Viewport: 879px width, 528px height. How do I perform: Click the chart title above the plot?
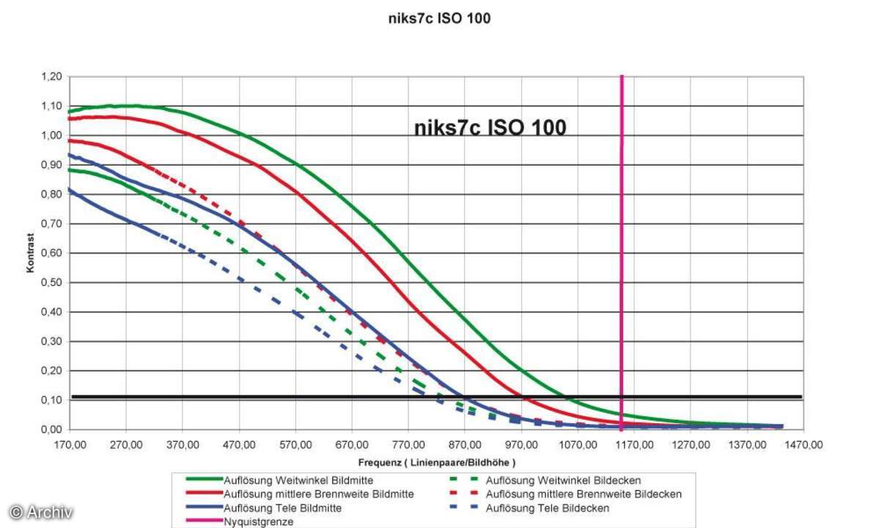(x=439, y=19)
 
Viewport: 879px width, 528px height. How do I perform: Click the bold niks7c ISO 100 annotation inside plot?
(x=490, y=128)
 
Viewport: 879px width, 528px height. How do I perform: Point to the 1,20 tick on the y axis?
(x=51, y=77)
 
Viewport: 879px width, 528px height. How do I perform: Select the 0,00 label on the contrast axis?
(x=51, y=430)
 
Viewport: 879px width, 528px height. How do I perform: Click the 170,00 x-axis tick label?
(x=70, y=444)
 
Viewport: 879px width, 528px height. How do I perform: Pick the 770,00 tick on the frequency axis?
(x=408, y=444)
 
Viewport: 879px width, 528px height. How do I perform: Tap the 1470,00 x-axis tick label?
(x=804, y=444)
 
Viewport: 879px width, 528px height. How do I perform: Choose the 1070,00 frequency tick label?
(x=578, y=444)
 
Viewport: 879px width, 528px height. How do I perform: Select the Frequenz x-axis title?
(x=437, y=463)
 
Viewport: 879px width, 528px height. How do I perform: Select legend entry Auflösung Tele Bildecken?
(x=547, y=508)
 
